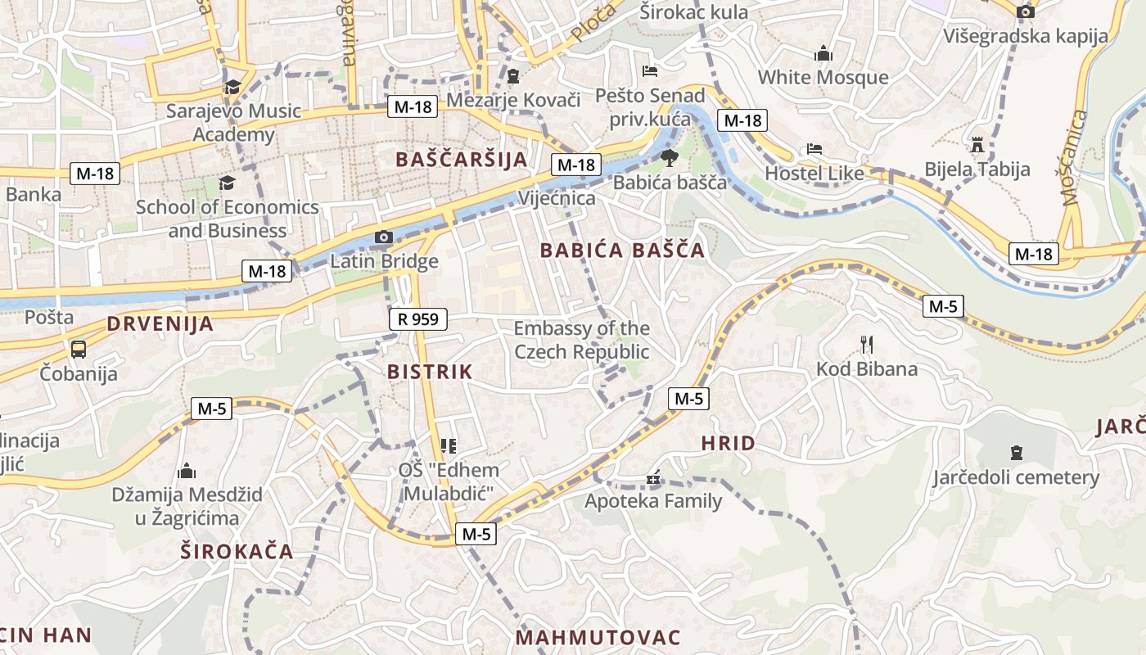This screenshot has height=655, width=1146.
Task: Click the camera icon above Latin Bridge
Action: [383, 237]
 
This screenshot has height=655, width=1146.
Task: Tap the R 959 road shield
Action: [417, 319]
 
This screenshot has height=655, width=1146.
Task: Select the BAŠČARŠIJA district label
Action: [462, 159]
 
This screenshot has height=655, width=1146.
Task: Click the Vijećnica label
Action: [557, 198]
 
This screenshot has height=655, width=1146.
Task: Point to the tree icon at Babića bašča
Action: [669, 157]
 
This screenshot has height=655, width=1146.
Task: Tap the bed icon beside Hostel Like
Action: [814, 149]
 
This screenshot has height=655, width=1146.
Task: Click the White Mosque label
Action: [823, 77]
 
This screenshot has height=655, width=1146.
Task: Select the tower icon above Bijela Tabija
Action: [977, 145]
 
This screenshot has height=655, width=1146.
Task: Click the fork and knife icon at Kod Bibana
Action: [867, 344]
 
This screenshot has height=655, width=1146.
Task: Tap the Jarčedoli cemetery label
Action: [1016, 477]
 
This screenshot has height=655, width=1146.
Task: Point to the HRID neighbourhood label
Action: [728, 444]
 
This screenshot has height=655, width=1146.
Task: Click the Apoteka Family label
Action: [653, 500]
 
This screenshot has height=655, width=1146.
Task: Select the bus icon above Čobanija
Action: [79, 349]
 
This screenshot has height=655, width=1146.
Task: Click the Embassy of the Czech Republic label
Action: [581, 340]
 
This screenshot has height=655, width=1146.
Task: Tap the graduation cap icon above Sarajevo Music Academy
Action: [233, 86]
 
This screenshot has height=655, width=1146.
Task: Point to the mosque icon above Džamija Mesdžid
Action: [187, 470]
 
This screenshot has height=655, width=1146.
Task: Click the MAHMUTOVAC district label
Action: [598, 637]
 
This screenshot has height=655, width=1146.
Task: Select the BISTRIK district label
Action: [430, 372]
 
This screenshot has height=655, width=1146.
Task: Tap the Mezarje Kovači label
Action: [513, 101]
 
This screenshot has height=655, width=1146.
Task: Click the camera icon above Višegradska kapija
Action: [1025, 11]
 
